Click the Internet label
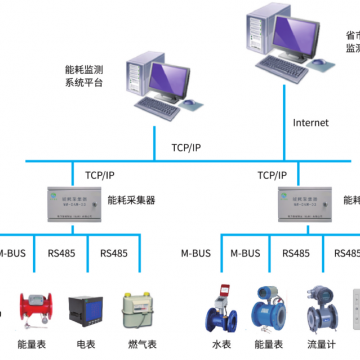click(x=310, y=123)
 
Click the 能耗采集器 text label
click(x=131, y=201)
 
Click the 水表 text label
click(x=220, y=344)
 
